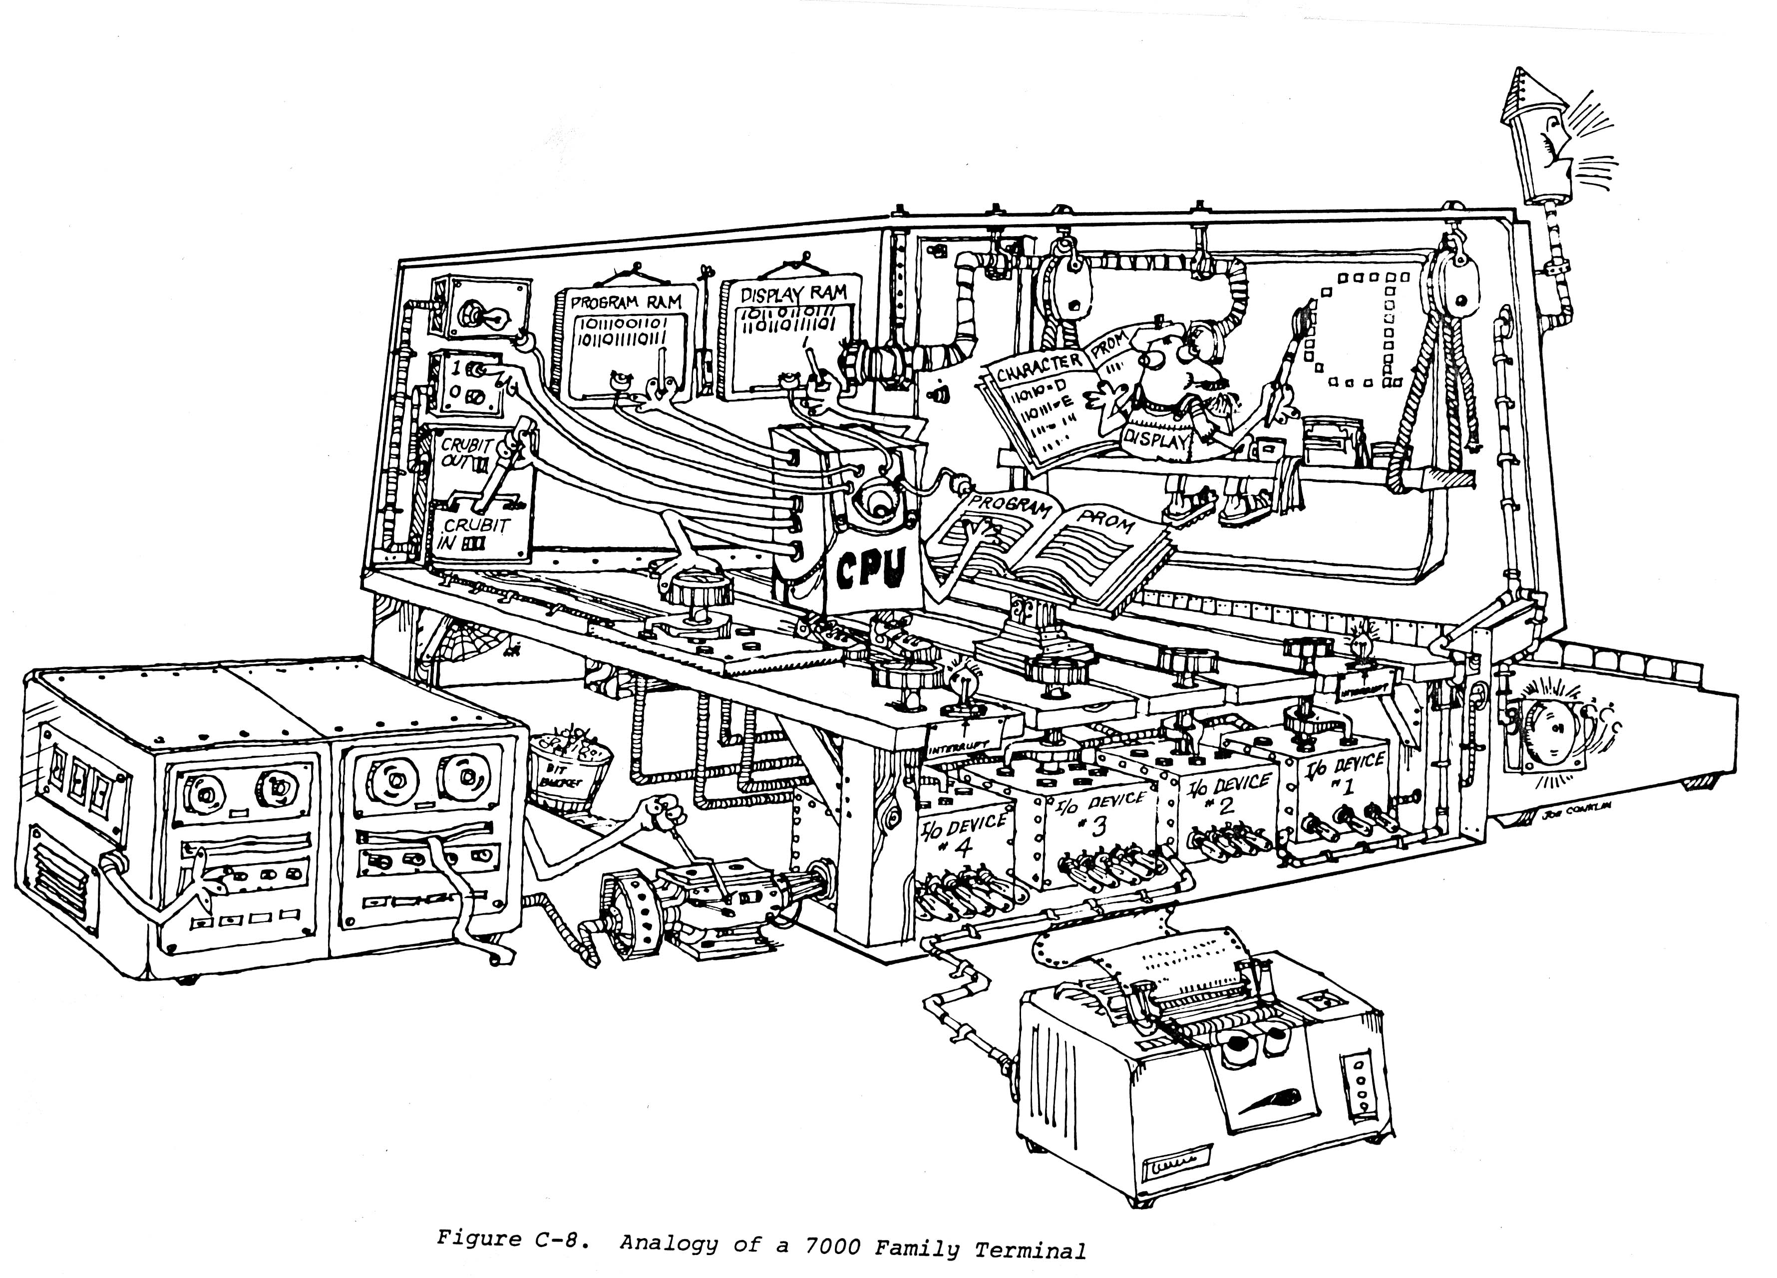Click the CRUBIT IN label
(x=473, y=533)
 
